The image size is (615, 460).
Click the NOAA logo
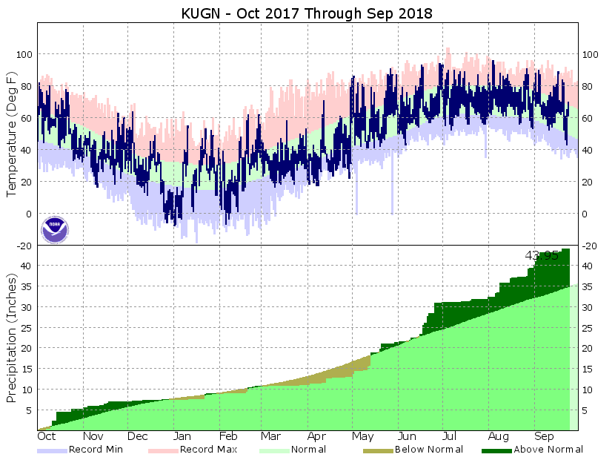tap(54, 229)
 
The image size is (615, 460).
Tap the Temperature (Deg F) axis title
tap(12, 134)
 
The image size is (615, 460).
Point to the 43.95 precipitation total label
tap(541, 255)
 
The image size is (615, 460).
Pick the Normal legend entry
tap(293, 449)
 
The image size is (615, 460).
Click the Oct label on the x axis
tap(46, 436)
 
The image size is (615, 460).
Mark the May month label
tap(362, 436)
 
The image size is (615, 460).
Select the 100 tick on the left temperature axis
tap(24, 55)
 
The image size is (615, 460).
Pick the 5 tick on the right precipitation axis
tap(586, 410)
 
